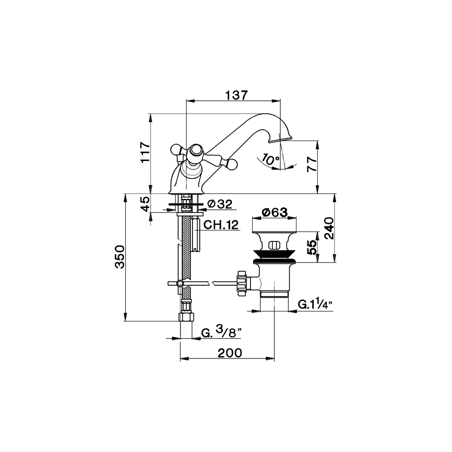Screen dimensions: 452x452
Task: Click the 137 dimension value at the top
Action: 236,95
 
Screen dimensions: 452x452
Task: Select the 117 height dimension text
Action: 146,152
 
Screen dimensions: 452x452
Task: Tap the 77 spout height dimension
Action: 312,165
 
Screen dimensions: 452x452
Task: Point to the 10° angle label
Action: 271,160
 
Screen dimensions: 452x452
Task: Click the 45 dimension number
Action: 146,204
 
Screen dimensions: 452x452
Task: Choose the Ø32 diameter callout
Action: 220,204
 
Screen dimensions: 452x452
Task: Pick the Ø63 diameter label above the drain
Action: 275,212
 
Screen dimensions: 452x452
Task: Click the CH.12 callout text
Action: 221,225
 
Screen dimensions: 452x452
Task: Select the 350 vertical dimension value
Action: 120,257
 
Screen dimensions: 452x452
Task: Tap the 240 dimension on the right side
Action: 329,228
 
